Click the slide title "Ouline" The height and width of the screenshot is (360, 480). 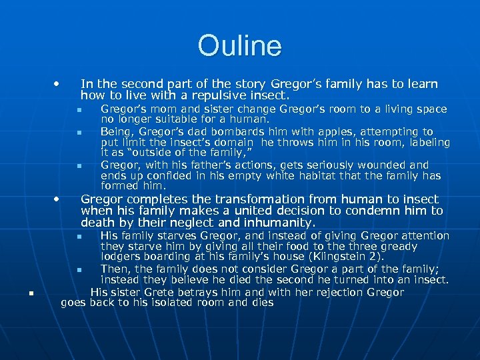(239, 46)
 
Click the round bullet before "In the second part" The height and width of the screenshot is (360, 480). (59, 85)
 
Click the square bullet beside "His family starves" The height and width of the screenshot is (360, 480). (78, 237)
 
